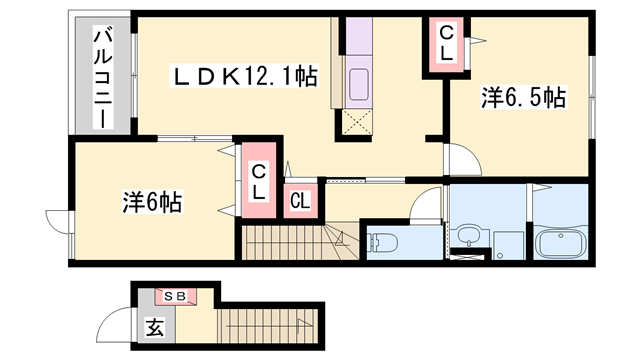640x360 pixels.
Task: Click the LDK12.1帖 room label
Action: (244, 76)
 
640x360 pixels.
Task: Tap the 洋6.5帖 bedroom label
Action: (524, 98)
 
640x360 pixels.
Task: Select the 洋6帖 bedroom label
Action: (152, 202)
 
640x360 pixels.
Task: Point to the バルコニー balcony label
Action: (103, 78)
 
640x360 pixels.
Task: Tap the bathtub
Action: (561, 245)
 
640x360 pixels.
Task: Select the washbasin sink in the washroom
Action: (469, 236)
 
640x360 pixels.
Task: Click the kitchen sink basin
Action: (358, 84)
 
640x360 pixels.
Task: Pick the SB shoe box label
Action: (175, 296)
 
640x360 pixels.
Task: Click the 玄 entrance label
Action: (156, 327)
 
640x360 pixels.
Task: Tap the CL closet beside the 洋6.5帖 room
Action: (446, 45)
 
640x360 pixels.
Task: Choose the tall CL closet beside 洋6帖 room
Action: (258, 180)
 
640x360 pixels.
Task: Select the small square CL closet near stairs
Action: (300, 201)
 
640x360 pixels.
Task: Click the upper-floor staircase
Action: (300, 242)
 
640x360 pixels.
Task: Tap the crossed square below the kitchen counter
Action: (357, 122)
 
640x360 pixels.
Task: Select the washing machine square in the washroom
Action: (508, 246)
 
